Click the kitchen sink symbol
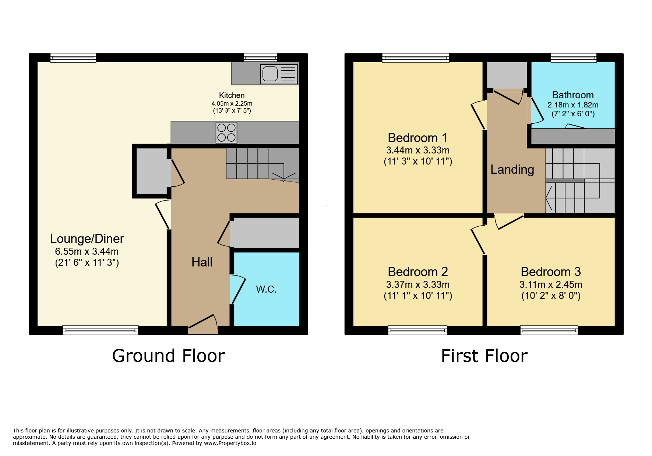(x=279, y=74)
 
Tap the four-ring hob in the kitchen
(x=226, y=132)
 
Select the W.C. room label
(x=266, y=289)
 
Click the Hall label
(x=202, y=262)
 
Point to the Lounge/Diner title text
(x=87, y=239)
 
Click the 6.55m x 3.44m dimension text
(x=87, y=251)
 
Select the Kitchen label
(x=232, y=95)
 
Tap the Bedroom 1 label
(x=418, y=138)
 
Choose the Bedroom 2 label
(x=418, y=272)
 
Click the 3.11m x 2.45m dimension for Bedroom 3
(x=551, y=284)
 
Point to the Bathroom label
(x=573, y=95)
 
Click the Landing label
(x=512, y=169)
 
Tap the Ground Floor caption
(x=168, y=356)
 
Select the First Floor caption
(x=484, y=356)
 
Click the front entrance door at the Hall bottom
(x=203, y=324)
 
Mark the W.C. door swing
(x=237, y=289)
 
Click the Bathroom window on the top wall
(x=574, y=58)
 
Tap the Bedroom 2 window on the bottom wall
(x=417, y=330)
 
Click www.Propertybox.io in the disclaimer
(x=230, y=443)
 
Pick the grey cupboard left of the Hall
(x=152, y=171)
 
